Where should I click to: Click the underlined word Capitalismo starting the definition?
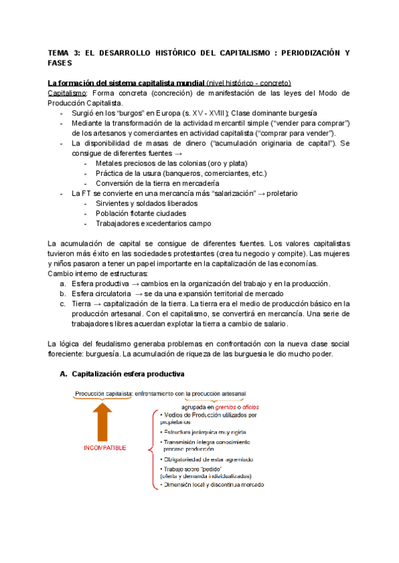point(65,94)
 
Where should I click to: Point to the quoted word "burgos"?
point(123,114)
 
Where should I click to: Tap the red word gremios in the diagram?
point(238,407)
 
